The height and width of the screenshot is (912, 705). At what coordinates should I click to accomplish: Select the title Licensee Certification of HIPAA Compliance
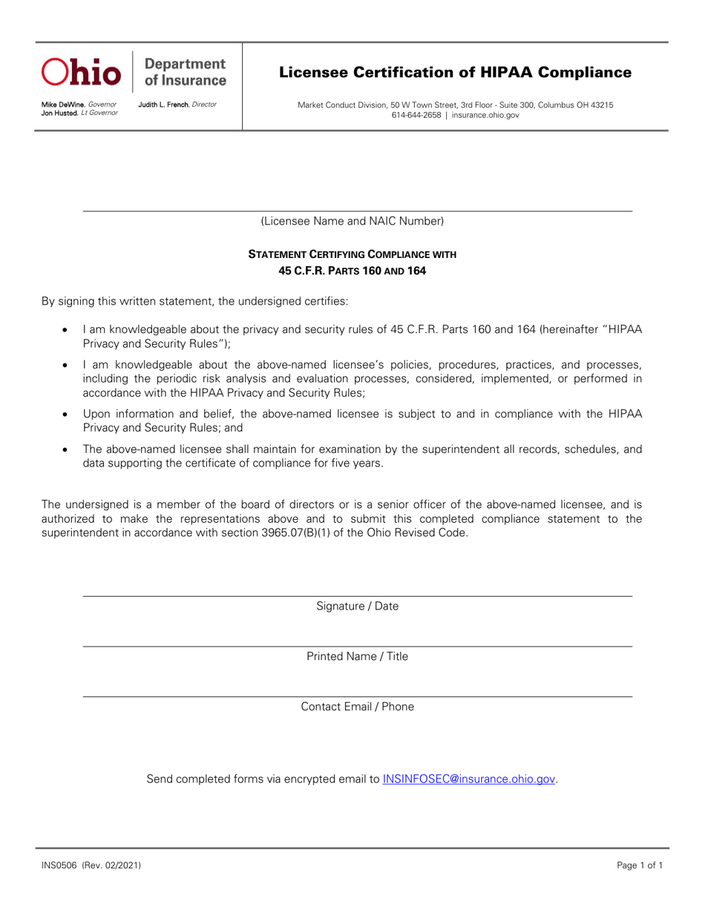coord(455,73)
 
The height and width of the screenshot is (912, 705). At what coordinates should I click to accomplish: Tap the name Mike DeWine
coord(63,105)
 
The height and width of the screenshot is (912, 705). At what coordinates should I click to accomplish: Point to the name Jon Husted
coord(59,113)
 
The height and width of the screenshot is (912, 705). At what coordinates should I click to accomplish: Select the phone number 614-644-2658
coord(416,115)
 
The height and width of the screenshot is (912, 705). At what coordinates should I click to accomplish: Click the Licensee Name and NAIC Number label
coord(352,221)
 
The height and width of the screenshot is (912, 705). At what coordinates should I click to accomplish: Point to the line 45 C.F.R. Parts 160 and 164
coord(352,271)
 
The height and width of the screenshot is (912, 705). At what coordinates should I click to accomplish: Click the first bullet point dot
coord(67,328)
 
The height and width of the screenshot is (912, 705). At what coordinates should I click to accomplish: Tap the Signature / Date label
coord(357,606)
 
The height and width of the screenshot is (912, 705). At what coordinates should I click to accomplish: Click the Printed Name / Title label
coord(357,656)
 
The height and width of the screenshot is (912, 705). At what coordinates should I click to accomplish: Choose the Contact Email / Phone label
coord(357,707)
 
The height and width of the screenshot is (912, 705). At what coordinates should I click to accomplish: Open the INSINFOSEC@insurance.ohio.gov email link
coord(469,779)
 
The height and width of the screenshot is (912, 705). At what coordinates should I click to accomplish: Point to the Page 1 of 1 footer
coord(640,865)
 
